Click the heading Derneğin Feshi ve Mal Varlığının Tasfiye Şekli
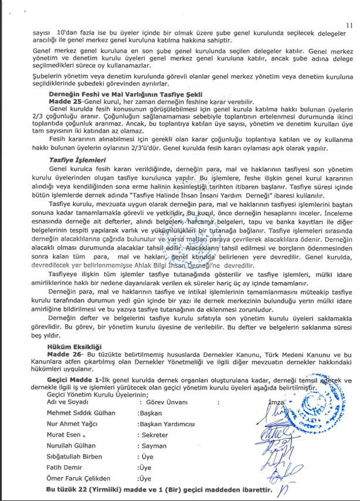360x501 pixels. tap(125, 94)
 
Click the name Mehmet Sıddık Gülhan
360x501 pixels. tap(81, 413)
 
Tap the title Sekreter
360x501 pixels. tap(154, 435)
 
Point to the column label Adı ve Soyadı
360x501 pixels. tap(67, 402)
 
